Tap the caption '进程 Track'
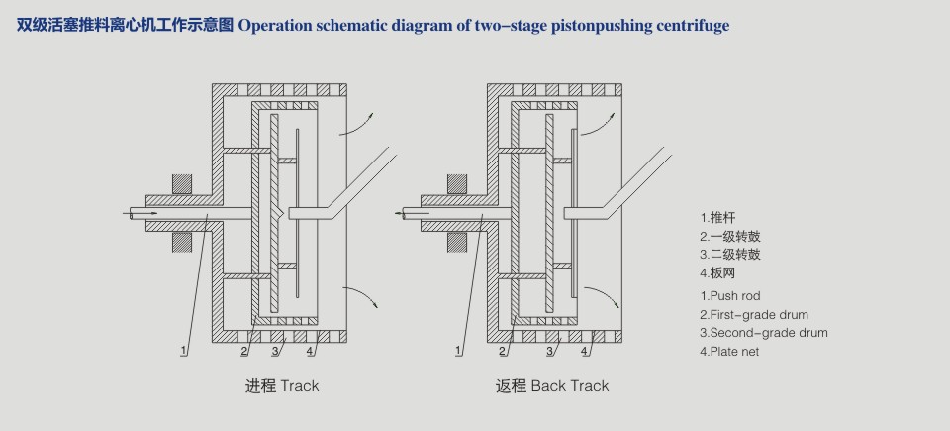pyautogui.click(x=282, y=385)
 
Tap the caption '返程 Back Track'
pyautogui.click(x=552, y=385)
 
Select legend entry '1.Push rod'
pyautogui.click(x=730, y=295)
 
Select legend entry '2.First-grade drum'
pyautogui.click(x=753, y=314)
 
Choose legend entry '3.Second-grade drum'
pyautogui.click(x=763, y=333)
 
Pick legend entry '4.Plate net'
pyautogui.click(x=729, y=352)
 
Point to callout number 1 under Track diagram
pyautogui.click(x=184, y=350)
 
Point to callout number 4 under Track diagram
pyautogui.click(x=310, y=350)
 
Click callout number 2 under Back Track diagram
pyautogui.click(x=503, y=350)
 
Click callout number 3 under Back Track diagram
pyautogui.click(x=550, y=350)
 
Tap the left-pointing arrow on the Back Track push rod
pyautogui.click(x=403, y=212)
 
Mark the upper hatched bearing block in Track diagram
pyautogui.click(x=181, y=184)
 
